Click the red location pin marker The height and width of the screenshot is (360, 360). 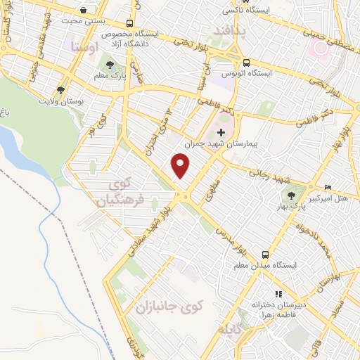[181, 166]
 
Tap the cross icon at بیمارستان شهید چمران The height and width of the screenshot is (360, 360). [221, 132]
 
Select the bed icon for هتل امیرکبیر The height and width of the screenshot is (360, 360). [328, 189]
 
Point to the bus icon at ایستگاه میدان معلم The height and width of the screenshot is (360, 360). [265, 254]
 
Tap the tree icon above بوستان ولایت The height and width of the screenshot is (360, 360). [62, 90]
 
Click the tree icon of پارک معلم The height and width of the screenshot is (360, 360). [106, 63]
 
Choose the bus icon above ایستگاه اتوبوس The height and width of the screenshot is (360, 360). [246, 62]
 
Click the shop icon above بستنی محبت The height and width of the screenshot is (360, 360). [84, 10]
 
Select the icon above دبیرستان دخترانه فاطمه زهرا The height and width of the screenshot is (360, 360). [279, 294]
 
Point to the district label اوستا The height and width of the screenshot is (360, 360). [84, 47]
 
